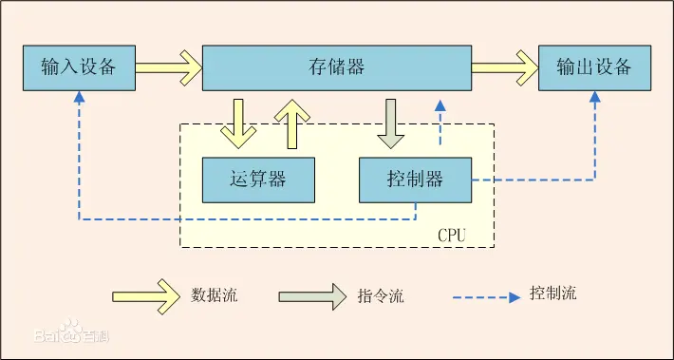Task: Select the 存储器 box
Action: (x=337, y=67)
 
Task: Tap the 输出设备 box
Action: (x=594, y=67)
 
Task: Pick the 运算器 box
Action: (x=258, y=179)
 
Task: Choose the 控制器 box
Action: (x=415, y=179)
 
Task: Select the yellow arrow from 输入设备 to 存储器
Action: (x=168, y=67)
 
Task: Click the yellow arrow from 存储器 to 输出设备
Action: (x=504, y=67)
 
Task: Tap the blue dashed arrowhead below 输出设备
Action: (x=595, y=98)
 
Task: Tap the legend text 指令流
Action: (x=381, y=296)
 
